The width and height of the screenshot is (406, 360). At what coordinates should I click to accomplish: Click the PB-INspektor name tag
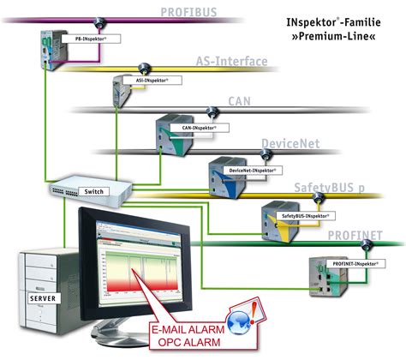(90, 39)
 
